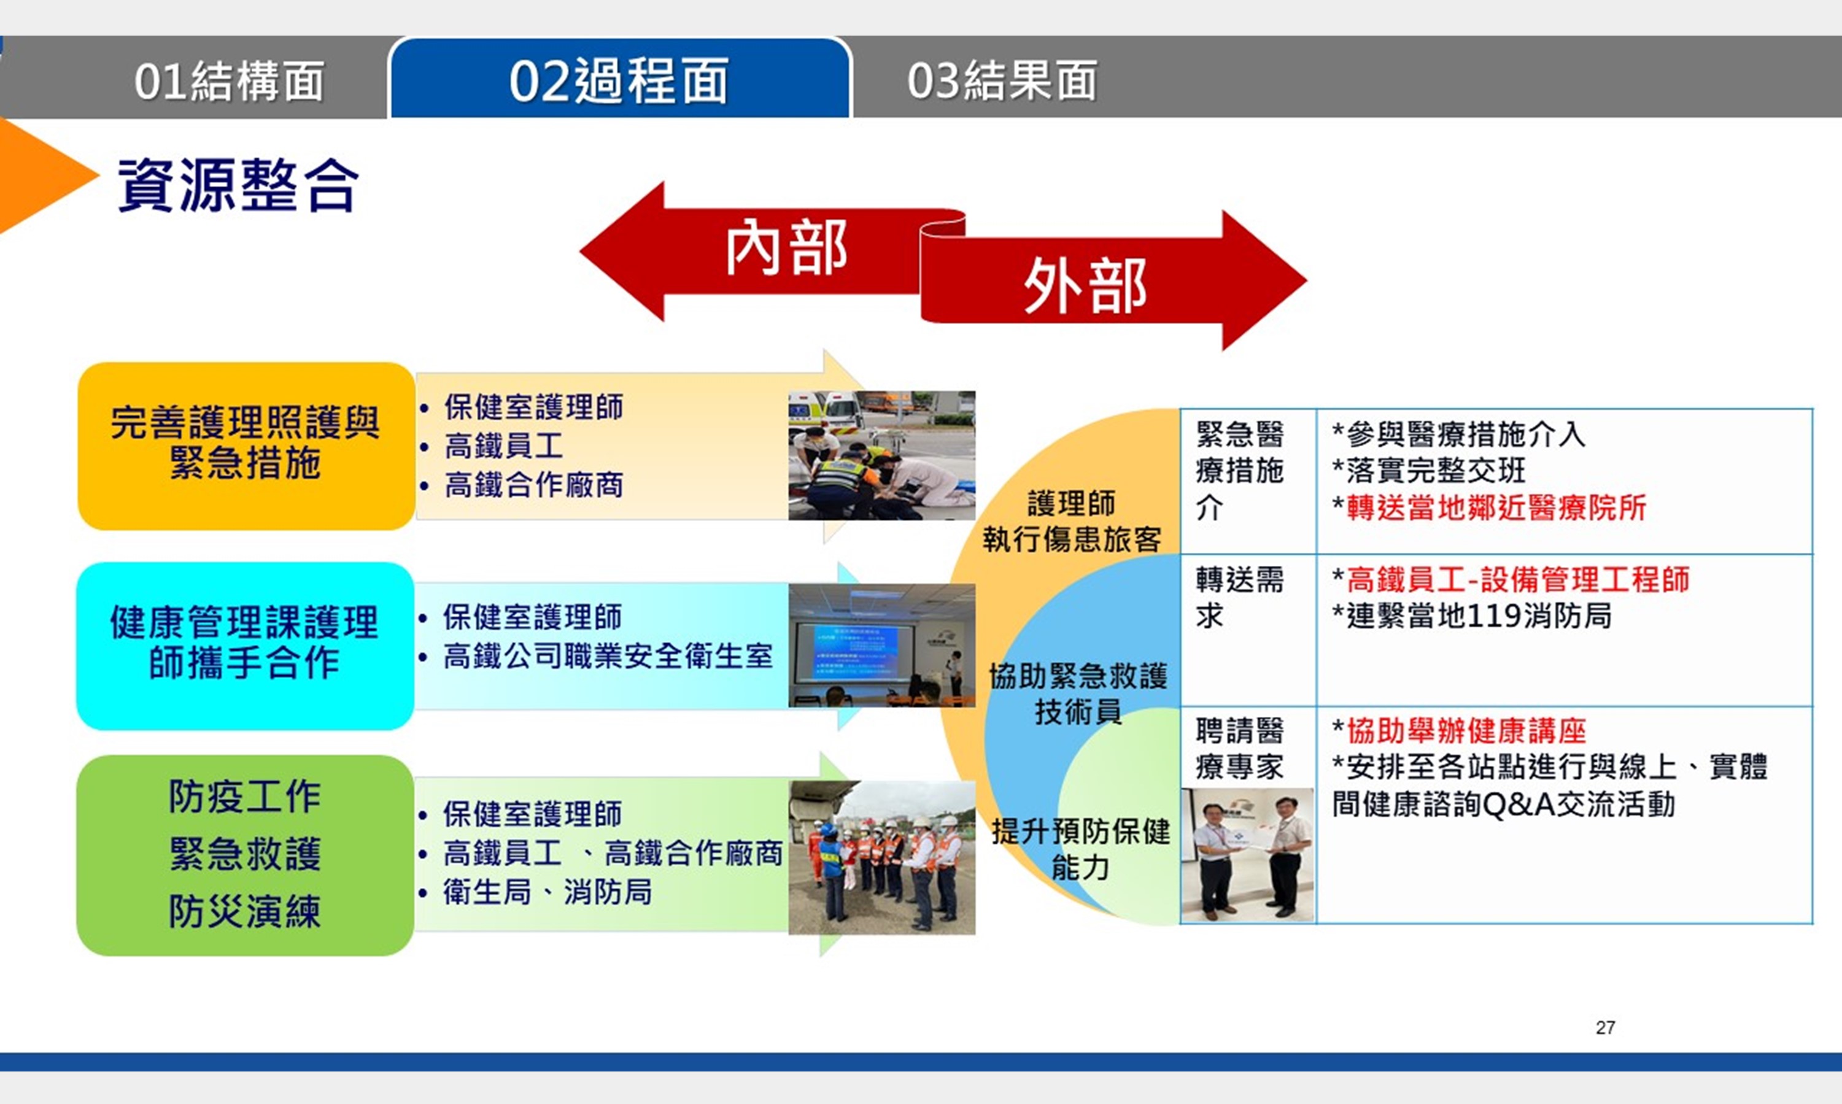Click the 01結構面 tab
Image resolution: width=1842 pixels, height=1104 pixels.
[x=228, y=80]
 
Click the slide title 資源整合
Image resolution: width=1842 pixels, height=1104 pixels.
[x=238, y=185]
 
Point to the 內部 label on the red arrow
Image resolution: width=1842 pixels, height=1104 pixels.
[x=787, y=248]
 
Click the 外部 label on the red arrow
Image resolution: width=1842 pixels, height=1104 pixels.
[x=1085, y=287]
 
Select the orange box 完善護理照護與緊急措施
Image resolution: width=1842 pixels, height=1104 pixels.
[x=246, y=446]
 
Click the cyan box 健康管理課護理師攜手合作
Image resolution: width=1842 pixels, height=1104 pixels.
[x=245, y=646]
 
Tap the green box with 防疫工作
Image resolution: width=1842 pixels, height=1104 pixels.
[x=245, y=855]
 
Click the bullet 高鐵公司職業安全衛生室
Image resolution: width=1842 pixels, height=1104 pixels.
[x=608, y=656]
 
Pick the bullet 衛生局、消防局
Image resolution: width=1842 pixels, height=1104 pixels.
[x=548, y=891]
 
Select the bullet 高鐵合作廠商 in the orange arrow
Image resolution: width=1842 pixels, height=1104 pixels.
[x=533, y=484]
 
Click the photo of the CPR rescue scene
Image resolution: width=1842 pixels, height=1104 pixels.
[x=881, y=455]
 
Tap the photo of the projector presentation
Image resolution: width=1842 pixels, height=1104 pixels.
[x=881, y=646]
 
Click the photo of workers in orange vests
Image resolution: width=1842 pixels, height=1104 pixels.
[x=881, y=858]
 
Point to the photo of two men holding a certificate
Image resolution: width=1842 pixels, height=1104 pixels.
[x=1248, y=855]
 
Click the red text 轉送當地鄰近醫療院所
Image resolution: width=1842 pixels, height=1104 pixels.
[x=1496, y=508]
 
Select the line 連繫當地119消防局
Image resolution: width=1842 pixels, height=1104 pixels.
[x=1472, y=616]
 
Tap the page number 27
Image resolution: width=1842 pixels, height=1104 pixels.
[x=1606, y=1027]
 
